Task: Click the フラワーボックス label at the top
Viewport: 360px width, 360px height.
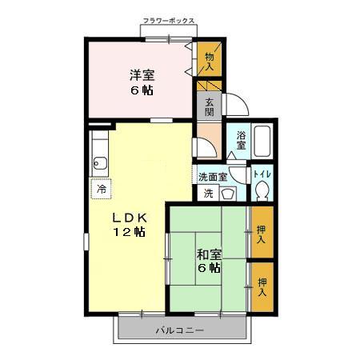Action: (168, 20)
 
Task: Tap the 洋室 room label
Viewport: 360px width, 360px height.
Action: (142, 74)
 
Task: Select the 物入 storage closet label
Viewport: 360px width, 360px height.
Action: (210, 61)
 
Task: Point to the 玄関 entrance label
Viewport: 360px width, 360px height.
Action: (208, 106)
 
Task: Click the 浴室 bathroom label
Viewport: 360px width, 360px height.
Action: (241, 141)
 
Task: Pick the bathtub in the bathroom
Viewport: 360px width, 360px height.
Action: (263, 143)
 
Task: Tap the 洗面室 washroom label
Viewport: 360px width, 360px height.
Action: (213, 176)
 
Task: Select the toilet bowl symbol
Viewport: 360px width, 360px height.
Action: (261, 191)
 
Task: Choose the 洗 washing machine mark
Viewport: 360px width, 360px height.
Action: (207, 193)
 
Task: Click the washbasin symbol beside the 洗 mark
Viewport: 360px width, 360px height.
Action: (226, 193)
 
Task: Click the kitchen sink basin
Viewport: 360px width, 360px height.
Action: (100, 166)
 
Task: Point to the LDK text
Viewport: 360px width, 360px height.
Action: (127, 217)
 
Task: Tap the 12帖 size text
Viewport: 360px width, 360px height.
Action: (128, 233)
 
